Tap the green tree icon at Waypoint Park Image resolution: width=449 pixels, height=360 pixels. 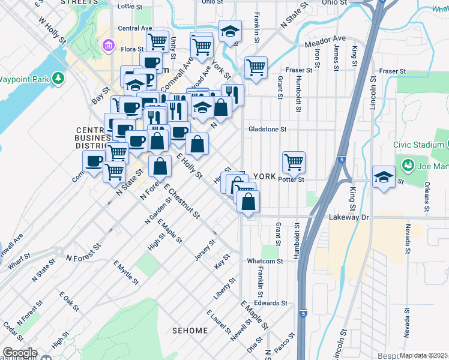(58, 78)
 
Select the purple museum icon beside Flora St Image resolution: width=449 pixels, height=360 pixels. (109, 46)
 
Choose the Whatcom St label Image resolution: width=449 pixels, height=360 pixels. (265, 261)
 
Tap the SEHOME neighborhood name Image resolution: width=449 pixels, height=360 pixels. (190, 330)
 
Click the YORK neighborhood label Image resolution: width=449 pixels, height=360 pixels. (264, 176)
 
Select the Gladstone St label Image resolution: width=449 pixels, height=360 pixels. (268, 129)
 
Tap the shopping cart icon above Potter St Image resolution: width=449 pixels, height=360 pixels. (294, 161)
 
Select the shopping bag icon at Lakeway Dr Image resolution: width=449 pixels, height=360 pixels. (248, 201)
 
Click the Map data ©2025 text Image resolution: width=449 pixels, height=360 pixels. (424, 356)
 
